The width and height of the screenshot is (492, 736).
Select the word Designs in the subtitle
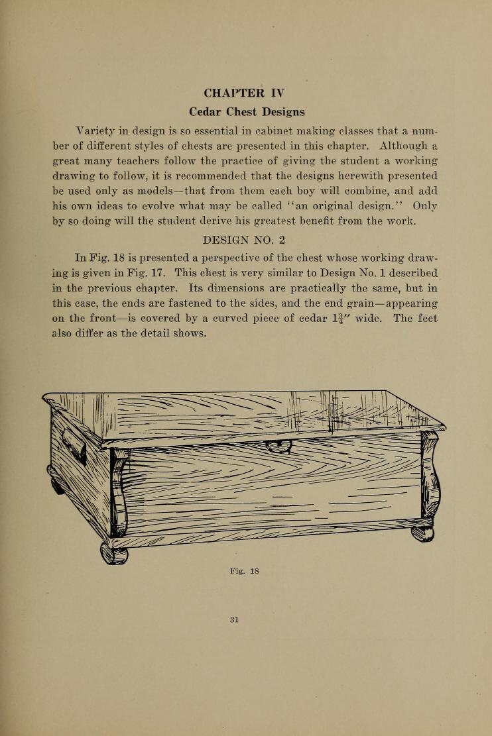(x=280, y=111)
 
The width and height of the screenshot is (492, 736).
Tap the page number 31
(x=233, y=620)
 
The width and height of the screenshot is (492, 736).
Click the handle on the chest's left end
(x=74, y=450)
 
